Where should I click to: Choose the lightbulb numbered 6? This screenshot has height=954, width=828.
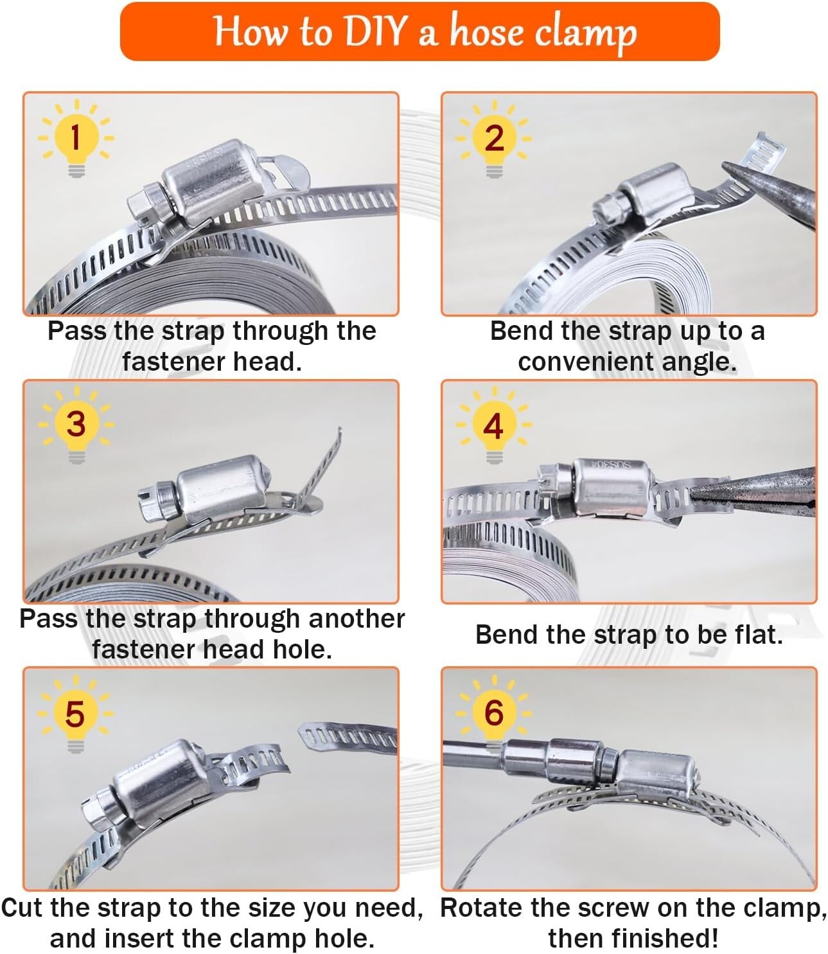[493, 713]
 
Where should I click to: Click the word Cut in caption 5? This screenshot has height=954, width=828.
[22, 908]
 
